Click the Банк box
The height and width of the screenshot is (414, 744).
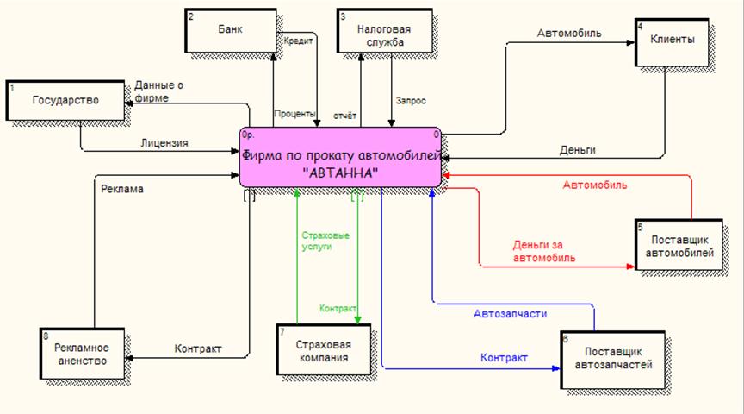[229, 29]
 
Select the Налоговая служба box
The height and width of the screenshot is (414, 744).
[384, 34]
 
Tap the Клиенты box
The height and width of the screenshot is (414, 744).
[673, 40]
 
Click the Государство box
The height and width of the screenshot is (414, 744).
[65, 101]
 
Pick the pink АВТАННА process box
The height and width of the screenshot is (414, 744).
[341, 157]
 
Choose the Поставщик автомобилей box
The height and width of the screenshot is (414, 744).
[679, 245]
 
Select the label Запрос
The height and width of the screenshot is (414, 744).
[411, 100]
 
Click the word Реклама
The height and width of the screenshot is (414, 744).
[122, 186]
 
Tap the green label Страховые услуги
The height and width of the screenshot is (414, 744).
[320, 240]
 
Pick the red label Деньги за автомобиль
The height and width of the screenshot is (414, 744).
[544, 251]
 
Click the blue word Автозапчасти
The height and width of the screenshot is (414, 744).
[511, 313]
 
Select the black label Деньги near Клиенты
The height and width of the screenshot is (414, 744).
[577, 150]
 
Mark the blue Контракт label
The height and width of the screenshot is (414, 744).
[504, 357]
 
